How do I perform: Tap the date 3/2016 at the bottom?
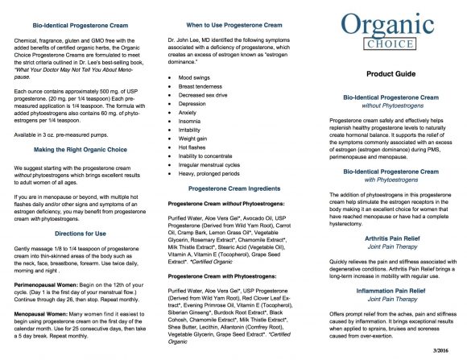click(443, 349)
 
